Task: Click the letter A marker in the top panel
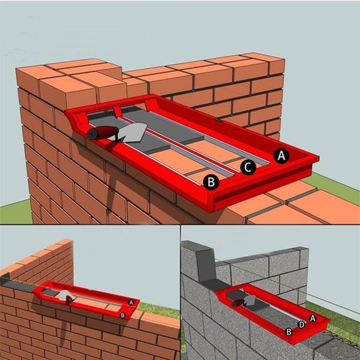[x=281, y=156]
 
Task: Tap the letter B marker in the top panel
[x=211, y=182]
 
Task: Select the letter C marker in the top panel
[x=248, y=167]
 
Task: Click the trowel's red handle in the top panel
[x=102, y=133]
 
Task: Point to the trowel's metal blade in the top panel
[x=133, y=133]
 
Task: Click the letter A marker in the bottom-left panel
[x=131, y=302]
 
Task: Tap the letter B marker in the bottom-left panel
[x=122, y=316]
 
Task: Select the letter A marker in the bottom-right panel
[x=313, y=319]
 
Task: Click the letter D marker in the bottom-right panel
[x=301, y=325]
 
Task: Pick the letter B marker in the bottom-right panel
[x=289, y=332]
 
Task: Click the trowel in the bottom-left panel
[x=66, y=296]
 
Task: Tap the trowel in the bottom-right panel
[x=244, y=301]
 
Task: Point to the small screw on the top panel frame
[x=217, y=119]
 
